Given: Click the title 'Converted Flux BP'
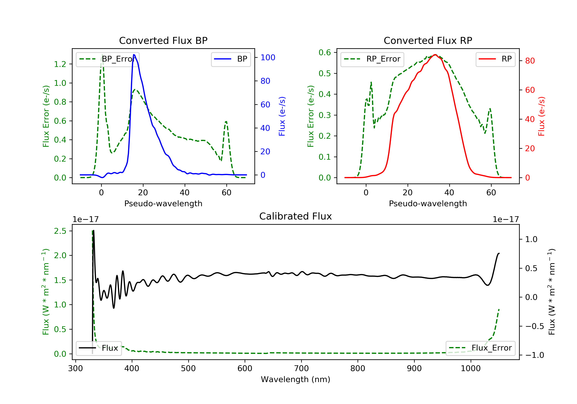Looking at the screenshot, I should coord(163,40).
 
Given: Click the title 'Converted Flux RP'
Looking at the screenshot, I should coord(428,40).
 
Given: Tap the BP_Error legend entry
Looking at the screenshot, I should coord(108,59).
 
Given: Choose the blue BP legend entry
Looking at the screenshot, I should coord(231,59).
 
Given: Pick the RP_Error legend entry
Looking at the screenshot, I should coord(372,59).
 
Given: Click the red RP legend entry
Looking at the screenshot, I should coord(495,59).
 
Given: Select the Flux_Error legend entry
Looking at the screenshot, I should coord(480,348).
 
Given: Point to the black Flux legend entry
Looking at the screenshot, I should coord(98,348).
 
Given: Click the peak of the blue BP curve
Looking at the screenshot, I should coord(134,55).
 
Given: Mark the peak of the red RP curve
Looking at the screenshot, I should coord(435,55).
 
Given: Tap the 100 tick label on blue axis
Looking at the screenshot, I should coord(268,58).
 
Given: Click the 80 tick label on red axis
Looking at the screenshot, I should coord(530,61).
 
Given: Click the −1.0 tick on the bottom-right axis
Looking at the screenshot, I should coord(534,355).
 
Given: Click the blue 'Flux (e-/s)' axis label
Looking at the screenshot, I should coord(282,116).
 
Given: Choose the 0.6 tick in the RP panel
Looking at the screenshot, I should coord(325,53).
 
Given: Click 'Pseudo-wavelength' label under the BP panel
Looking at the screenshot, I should coord(163,203).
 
